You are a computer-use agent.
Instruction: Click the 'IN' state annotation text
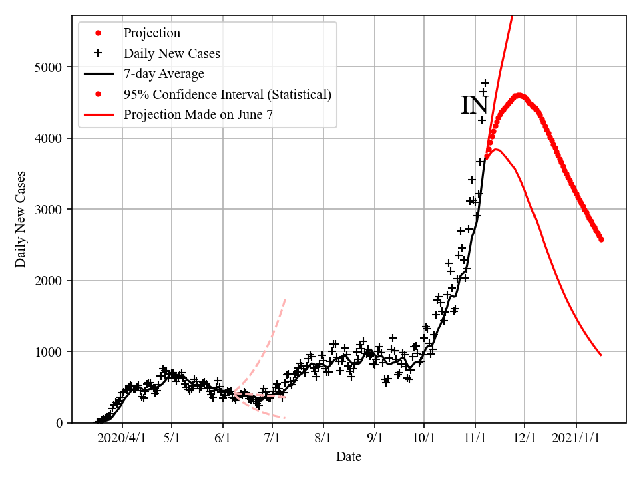(475, 106)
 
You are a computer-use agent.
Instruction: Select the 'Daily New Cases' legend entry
(172, 53)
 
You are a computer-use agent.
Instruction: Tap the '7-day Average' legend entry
(164, 73)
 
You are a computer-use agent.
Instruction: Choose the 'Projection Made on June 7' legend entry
(198, 115)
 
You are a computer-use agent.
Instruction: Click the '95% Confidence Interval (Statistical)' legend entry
(227, 94)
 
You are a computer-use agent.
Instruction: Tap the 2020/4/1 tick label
(122, 440)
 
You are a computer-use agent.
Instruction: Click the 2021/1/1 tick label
(576, 440)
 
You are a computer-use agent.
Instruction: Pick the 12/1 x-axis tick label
(525, 440)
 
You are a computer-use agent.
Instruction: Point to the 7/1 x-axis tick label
(272, 440)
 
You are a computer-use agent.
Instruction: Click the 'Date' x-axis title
(349, 458)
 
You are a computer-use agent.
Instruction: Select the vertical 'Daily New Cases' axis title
(21, 218)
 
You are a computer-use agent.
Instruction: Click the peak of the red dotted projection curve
(519, 95)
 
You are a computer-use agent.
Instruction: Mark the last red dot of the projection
(601, 239)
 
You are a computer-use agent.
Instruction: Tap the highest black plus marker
(485, 83)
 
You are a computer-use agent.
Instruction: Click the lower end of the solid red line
(601, 355)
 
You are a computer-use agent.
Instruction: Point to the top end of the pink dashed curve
(286, 298)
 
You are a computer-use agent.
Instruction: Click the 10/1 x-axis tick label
(424, 440)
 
